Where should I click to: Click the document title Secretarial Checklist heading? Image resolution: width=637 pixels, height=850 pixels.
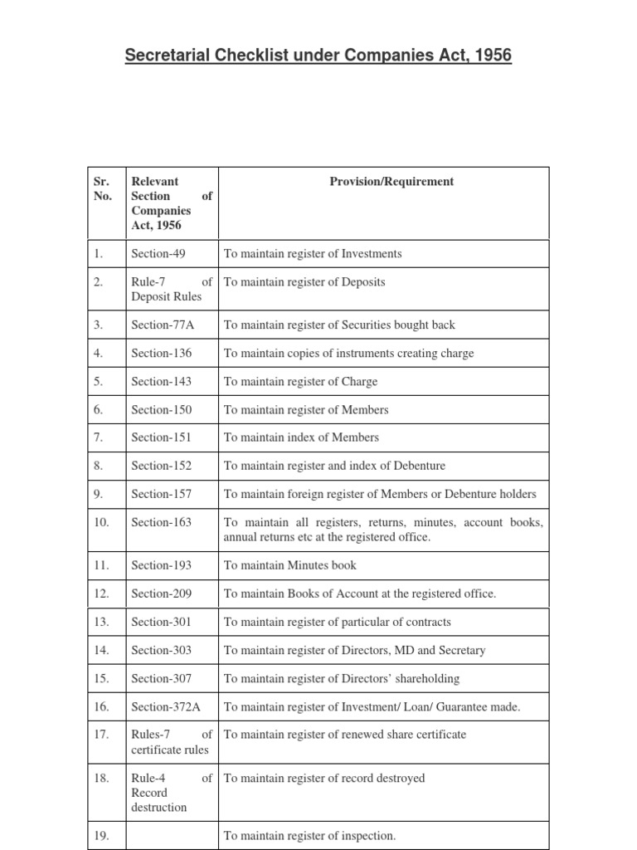pyautogui.click(x=318, y=56)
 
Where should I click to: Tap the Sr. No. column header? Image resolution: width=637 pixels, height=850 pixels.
pyautogui.click(x=103, y=188)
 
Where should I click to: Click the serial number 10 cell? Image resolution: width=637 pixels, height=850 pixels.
pyautogui.click(x=102, y=522)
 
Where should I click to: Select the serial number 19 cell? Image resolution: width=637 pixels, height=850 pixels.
pyautogui.click(x=102, y=836)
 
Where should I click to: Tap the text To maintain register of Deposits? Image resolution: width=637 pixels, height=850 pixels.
pyautogui.click(x=304, y=281)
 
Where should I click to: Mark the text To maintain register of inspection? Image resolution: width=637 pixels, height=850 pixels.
pyautogui.click(x=309, y=836)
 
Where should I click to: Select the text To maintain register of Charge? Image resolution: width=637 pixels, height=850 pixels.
pyautogui.click(x=300, y=381)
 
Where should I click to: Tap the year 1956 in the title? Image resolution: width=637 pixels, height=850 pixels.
pyautogui.click(x=491, y=56)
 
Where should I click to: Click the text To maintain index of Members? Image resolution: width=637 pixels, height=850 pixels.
pyautogui.click(x=301, y=437)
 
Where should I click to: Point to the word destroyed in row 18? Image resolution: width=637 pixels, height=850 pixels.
pyautogui.click(x=396, y=778)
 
